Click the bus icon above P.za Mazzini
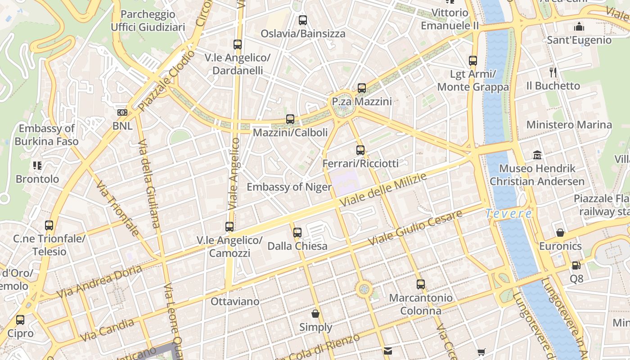[362, 88]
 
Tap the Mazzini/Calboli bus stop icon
[290, 119]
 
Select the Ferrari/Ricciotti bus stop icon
[360, 150]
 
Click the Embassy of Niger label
[289, 187]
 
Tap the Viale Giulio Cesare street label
[414, 228]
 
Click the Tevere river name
[509, 213]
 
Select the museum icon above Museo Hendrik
[537, 155]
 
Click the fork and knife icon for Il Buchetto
[553, 72]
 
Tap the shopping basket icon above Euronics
[560, 233]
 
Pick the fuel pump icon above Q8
[576, 265]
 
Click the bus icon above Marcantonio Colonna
[421, 284]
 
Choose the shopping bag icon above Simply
[315, 314]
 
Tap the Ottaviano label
[235, 301]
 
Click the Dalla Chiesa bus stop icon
[297, 233]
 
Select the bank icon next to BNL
[122, 112]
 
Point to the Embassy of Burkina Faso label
[46, 135]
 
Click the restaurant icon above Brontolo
[37, 166]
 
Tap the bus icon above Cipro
[20, 320]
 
